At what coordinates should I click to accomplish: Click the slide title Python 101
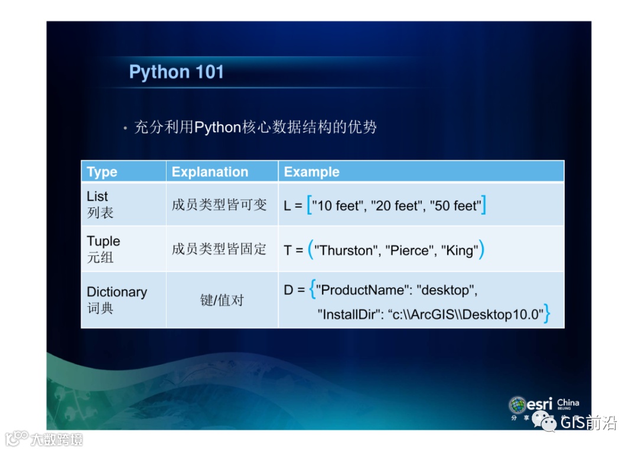coord(176,72)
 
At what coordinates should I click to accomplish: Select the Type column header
coord(102,172)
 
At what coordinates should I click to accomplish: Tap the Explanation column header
coord(210,172)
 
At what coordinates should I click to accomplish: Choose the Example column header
coord(312,172)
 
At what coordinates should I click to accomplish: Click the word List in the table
coord(97,196)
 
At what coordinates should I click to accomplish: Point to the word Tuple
coord(103,241)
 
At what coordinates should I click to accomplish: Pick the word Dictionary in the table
coord(117,292)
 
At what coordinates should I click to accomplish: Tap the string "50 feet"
coord(455,206)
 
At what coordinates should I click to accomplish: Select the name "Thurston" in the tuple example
coord(345,251)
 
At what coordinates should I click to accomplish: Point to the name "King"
coord(460,251)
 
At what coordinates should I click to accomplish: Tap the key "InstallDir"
coord(349,314)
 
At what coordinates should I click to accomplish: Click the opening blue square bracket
coord(309,205)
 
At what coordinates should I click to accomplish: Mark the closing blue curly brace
coord(547,313)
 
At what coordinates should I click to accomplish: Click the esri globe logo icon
coord(517,405)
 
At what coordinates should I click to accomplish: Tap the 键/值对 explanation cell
coord(222,300)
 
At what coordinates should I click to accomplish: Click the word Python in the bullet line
coord(217,128)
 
